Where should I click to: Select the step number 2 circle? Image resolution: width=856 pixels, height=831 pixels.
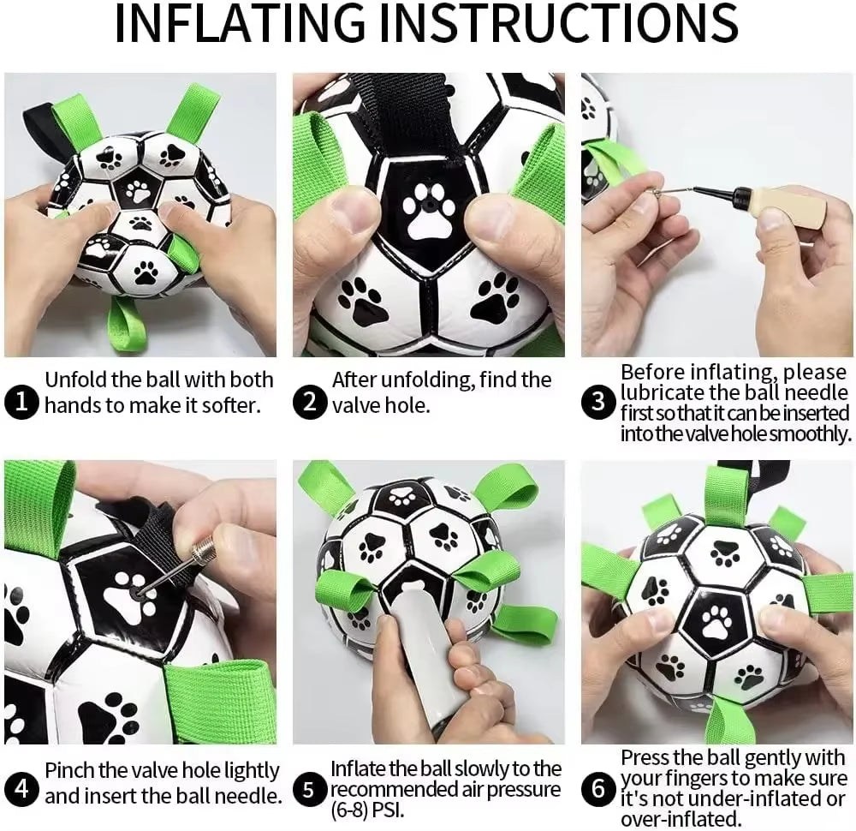click(x=310, y=402)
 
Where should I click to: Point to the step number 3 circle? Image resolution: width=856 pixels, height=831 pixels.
click(x=598, y=402)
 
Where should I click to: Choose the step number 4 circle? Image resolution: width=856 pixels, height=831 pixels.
click(x=21, y=787)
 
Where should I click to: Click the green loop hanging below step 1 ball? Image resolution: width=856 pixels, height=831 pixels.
click(x=125, y=326)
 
